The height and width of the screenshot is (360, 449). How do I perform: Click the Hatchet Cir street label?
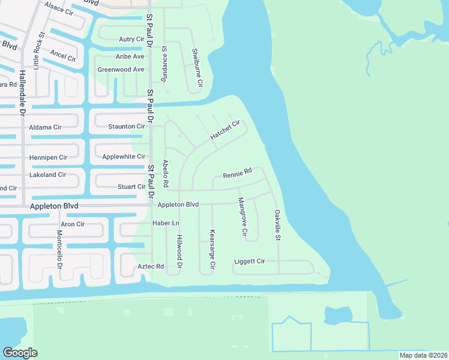point(225,131)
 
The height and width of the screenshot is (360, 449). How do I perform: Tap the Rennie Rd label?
point(237,175)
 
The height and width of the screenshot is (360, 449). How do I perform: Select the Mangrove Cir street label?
point(243,217)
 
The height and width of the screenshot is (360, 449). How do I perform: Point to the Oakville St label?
point(278,226)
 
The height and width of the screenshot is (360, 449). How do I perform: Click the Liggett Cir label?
point(249,262)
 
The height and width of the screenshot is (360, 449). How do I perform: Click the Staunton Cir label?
point(126,127)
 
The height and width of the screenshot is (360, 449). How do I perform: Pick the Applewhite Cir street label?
point(124,157)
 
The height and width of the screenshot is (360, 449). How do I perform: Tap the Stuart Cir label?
point(131,187)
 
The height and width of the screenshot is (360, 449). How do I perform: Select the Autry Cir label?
point(131,39)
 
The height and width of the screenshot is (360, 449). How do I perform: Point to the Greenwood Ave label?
point(121,70)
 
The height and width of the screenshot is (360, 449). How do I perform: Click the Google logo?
point(20,353)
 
